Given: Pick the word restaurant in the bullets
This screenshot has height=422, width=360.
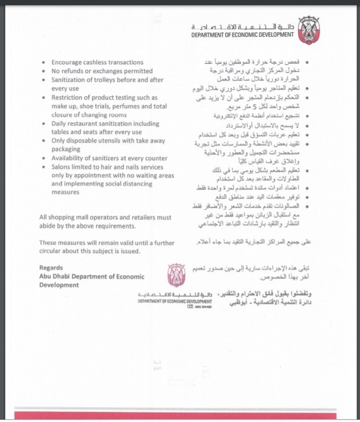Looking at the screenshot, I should [x=82, y=123].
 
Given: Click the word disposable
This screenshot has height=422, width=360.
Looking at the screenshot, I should [x=83, y=141].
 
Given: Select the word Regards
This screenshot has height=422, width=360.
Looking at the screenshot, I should [x=52, y=268].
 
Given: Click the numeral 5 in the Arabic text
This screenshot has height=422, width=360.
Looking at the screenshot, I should [x=251, y=106].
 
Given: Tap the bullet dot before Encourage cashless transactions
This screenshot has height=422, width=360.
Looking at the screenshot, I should [x=45, y=63].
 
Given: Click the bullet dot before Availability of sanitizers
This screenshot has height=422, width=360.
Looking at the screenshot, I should [x=45, y=158].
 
